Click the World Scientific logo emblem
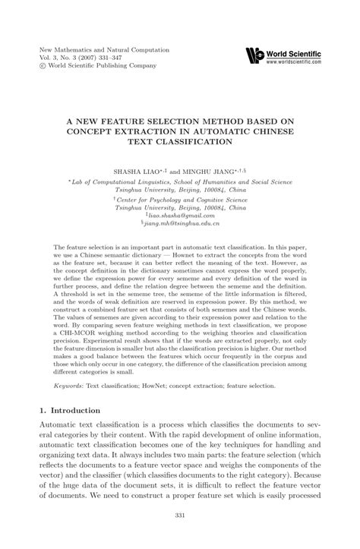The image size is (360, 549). click(255, 55)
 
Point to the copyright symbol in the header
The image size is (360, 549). click(43, 66)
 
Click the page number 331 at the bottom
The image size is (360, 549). click(180, 538)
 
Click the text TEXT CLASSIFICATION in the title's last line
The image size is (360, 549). click(180, 141)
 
